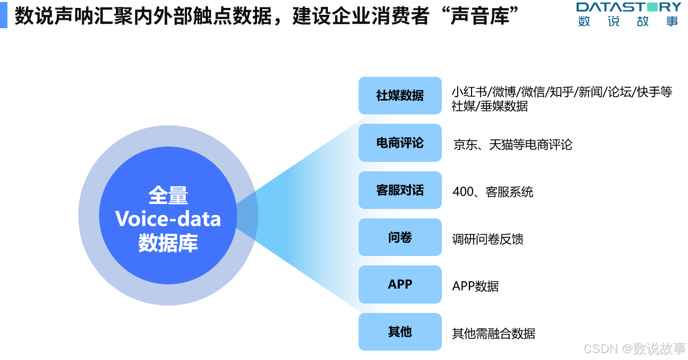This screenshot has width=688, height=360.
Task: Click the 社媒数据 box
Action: tap(400, 96)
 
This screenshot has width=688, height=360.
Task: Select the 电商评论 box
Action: tap(400, 143)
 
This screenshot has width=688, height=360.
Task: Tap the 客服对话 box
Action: tap(400, 190)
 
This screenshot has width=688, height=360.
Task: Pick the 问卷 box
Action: tap(400, 237)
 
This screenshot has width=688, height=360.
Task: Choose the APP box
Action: tap(400, 284)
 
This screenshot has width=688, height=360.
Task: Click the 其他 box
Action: tap(400, 332)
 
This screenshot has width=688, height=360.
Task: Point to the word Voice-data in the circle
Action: tap(168, 219)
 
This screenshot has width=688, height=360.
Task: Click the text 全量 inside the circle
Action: tap(168, 196)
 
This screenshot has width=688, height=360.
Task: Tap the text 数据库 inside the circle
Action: tap(168, 243)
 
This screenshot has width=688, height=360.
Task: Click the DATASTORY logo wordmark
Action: tap(629, 7)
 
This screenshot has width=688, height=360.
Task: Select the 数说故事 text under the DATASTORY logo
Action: tap(629, 21)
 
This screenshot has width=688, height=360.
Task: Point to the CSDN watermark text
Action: tap(599, 348)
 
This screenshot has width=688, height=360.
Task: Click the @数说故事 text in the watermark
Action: tap(653, 348)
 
